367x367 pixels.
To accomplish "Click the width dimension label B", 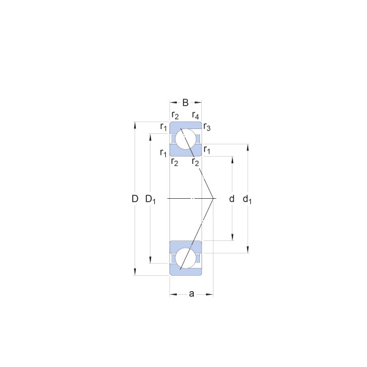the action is [x=185, y=103].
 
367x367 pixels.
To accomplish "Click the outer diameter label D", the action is [x=135, y=199].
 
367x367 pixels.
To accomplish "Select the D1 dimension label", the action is [x=150, y=199].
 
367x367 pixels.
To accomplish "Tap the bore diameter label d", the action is [x=231, y=199].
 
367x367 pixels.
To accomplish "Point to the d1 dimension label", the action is [x=247, y=199].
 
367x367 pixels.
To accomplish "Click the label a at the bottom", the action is [x=191, y=294].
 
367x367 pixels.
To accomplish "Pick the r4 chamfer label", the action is [x=196, y=115].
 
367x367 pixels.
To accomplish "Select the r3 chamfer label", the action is [x=207, y=127].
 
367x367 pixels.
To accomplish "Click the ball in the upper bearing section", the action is [x=185, y=139].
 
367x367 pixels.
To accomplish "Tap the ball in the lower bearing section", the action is [x=185, y=258].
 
